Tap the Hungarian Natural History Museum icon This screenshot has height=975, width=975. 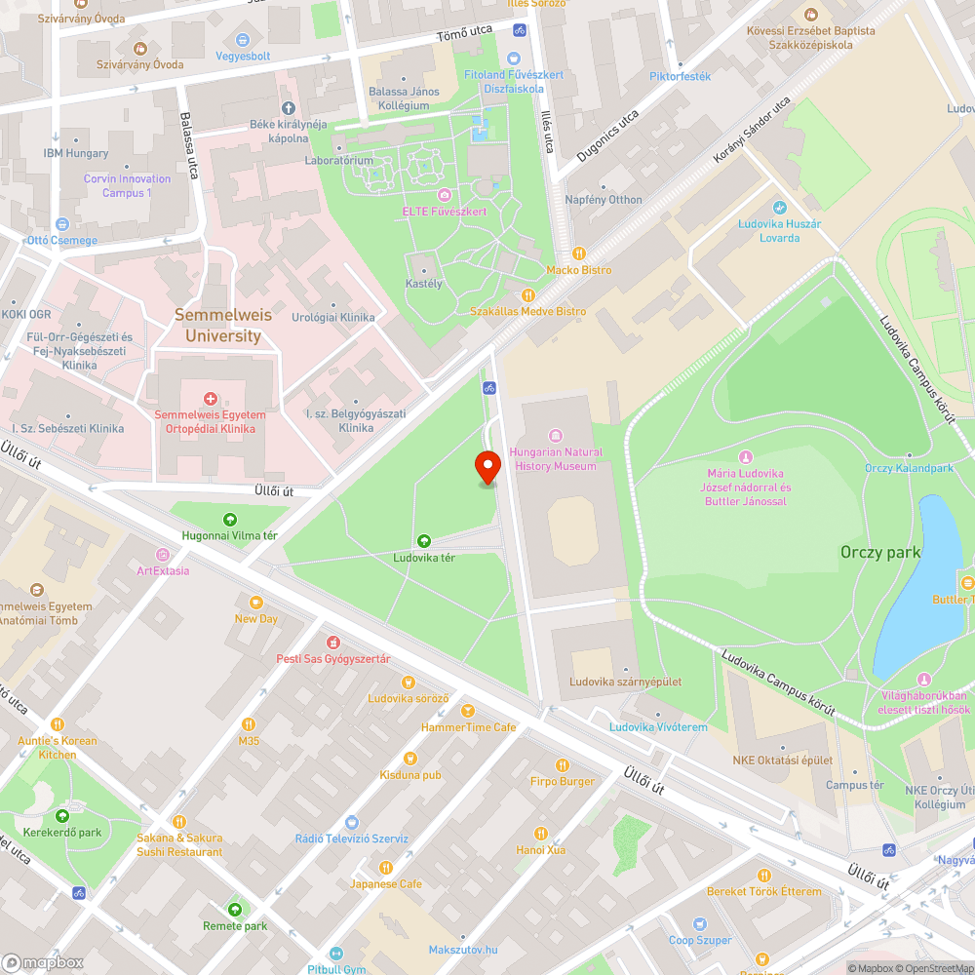pos(556,435)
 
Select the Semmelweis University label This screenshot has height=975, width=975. pos(217,326)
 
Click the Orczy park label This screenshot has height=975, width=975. pos(880,552)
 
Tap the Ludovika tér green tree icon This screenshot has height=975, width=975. pos(423,541)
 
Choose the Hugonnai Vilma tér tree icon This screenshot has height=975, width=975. pos(230,520)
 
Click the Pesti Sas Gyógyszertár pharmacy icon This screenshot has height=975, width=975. pos(332,643)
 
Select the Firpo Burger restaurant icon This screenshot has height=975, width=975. pos(562,765)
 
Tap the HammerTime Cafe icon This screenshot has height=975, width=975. pos(468,711)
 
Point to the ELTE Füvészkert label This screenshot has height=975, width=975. pos(445,212)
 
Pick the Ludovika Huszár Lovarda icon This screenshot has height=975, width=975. pos(779,208)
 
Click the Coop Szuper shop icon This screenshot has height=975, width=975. pos(700,923)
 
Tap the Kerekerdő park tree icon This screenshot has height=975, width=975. pos(62,816)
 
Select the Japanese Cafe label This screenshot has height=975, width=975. pos(386,883)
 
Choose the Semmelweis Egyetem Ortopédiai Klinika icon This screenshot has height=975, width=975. pos(210,399)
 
